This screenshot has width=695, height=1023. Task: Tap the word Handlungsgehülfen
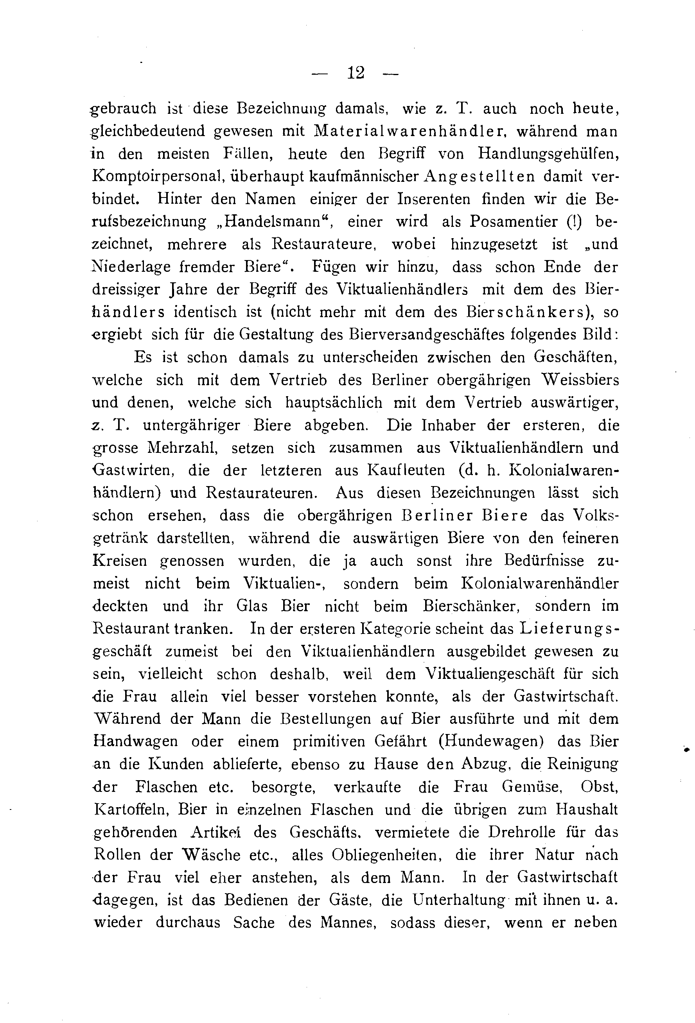(x=549, y=154)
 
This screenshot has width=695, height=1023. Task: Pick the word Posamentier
(x=514, y=222)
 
